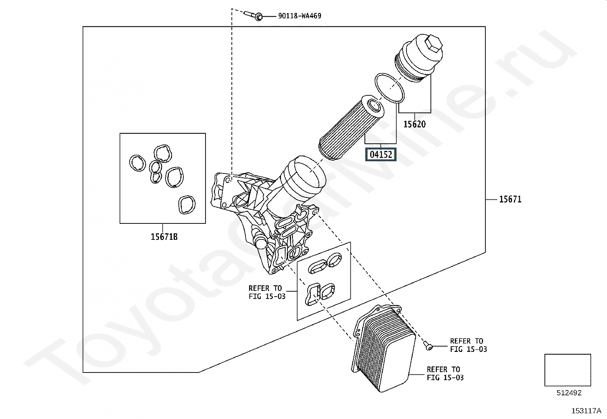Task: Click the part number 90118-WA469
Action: [299, 16]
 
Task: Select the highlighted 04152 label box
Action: [381, 154]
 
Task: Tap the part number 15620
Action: [414, 124]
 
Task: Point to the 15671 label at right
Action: [510, 199]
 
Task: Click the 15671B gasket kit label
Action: [164, 237]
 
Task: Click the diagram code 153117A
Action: [586, 411]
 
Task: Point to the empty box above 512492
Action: [567, 370]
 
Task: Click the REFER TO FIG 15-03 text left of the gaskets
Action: [266, 292]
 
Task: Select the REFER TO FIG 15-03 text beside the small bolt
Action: [468, 345]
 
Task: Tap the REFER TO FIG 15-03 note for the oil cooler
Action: [445, 373]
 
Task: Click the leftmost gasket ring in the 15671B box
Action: [137, 163]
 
